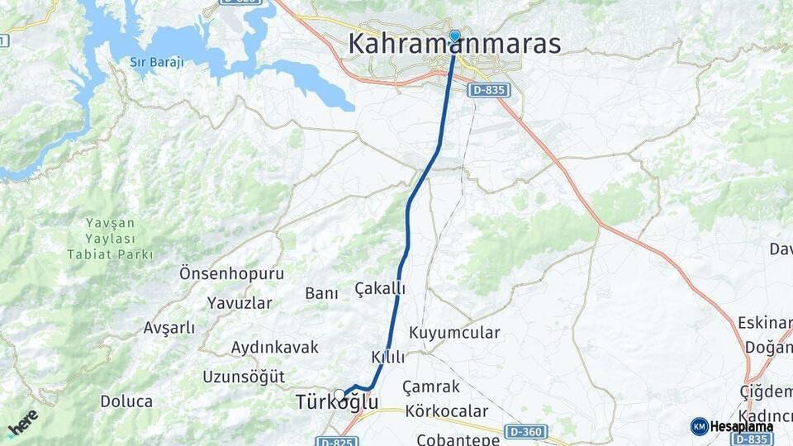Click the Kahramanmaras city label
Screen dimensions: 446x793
tap(454, 44)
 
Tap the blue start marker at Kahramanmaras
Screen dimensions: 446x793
tap(454, 36)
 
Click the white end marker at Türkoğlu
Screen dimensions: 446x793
tap(340, 395)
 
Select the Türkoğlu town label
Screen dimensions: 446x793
tap(337, 403)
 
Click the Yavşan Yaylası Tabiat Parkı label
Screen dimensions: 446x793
tap(120, 239)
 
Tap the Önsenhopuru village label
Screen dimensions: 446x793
tap(231, 273)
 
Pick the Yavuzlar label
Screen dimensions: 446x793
tap(240, 302)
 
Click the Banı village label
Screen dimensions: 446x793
tap(322, 293)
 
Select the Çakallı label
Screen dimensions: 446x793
tap(380, 288)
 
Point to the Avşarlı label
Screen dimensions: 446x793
tap(169, 328)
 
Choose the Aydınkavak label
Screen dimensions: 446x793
tap(275, 347)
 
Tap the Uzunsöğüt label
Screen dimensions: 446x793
tap(244, 377)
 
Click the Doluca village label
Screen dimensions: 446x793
tap(126, 401)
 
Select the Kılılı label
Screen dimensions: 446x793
tap(388, 358)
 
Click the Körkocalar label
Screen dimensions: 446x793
tap(446, 411)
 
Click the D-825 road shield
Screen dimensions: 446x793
tap(336, 442)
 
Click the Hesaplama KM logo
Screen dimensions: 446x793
tap(732, 426)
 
